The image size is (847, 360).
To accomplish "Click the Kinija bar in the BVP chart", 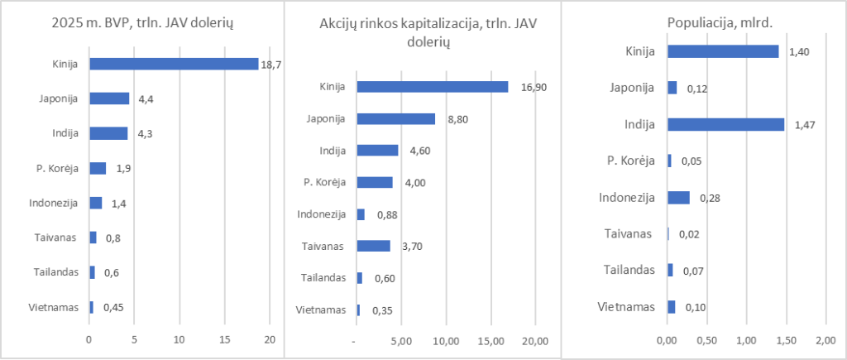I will point(174,64).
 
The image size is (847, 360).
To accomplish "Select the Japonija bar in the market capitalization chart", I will point(395,118).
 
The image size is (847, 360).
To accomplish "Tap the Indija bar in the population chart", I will point(725,124).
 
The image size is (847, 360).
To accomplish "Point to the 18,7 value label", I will point(271,65).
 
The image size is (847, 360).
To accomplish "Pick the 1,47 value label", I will point(802,124).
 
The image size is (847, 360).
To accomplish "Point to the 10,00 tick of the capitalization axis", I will point(447,340).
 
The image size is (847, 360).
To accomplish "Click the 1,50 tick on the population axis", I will point(787,340).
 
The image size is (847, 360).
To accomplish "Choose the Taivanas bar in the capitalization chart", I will point(373,246).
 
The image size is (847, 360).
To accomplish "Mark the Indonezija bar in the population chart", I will point(678,197).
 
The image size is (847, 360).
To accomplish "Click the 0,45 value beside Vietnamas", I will point(112,307).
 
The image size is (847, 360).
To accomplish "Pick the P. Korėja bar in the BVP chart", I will point(98,168).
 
